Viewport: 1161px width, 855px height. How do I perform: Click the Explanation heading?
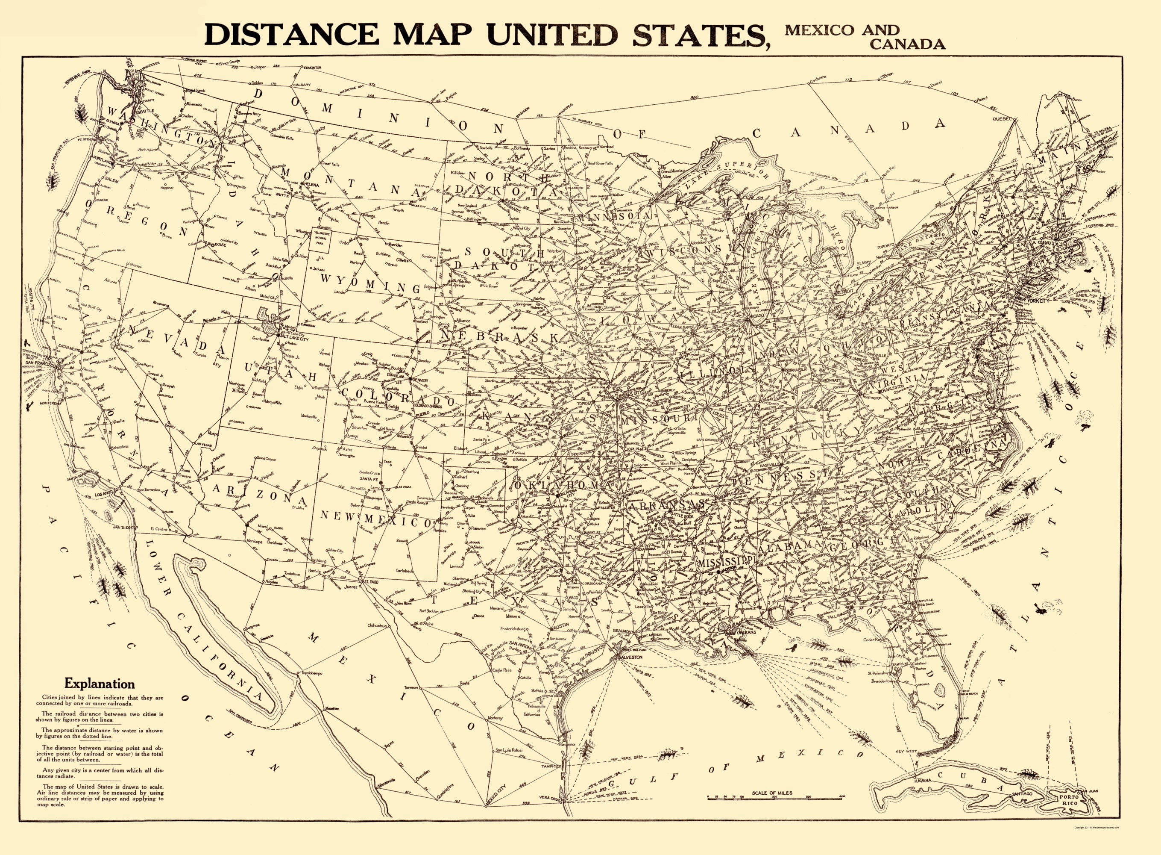(99, 684)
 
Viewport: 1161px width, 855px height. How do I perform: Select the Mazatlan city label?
(332, 708)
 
